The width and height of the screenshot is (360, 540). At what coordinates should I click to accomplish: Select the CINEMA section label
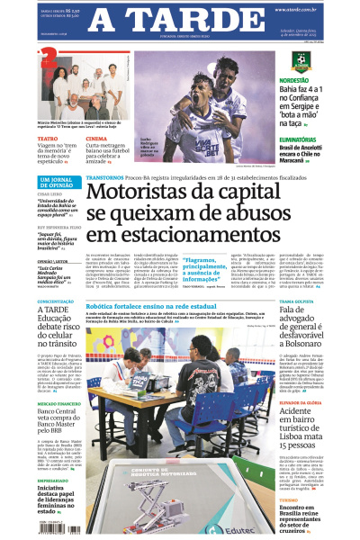click(x=96, y=139)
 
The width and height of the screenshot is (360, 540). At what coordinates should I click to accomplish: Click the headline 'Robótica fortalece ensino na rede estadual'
click(x=162, y=307)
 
